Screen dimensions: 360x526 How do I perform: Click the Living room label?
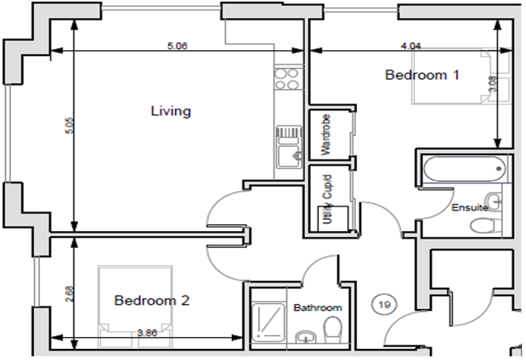tap(170, 111)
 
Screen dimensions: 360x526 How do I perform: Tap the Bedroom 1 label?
tap(421, 75)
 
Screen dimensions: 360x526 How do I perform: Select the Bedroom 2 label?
tap(151, 300)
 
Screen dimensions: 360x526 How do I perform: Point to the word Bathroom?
tap(317, 307)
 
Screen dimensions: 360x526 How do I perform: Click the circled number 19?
tap(385, 302)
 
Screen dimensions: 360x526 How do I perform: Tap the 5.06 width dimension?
tap(177, 46)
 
